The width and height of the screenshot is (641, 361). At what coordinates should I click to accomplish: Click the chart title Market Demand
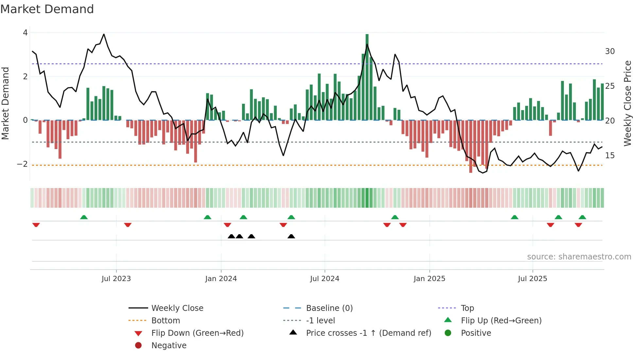(47, 9)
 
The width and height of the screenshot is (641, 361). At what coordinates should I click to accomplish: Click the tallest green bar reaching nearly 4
(367, 77)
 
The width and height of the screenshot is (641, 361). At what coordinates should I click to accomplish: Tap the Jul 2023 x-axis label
(116, 279)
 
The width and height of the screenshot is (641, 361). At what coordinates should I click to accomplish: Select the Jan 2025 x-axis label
(429, 279)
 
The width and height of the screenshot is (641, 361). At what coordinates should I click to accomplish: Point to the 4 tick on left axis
(25, 33)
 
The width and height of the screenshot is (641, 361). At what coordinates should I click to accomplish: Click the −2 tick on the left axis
(23, 164)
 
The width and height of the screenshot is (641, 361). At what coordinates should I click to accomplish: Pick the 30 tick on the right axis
(610, 51)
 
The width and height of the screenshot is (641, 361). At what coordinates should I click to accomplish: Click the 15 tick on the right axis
(610, 156)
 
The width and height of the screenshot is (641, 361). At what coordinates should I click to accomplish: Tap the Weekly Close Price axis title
(627, 103)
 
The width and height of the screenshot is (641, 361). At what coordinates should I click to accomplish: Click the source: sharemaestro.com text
(579, 257)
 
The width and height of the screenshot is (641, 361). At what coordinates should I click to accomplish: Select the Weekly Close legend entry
(177, 308)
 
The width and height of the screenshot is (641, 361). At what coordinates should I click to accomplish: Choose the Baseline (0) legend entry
(329, 308)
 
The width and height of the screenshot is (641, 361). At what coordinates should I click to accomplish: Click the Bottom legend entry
(165, 321)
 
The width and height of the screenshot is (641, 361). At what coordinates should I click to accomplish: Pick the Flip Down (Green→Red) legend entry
(197, 333)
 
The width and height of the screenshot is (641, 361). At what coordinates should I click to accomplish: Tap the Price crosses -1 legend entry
(369, 333)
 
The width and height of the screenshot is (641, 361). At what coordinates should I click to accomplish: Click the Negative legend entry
(169, 346)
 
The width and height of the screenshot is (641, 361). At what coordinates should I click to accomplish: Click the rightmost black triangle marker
(291, 237)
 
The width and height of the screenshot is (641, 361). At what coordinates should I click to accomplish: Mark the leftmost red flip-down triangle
(36, 225)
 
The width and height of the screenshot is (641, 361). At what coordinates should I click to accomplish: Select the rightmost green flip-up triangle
(582, 217)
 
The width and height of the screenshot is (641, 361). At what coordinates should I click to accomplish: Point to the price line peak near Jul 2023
(104, 34)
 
